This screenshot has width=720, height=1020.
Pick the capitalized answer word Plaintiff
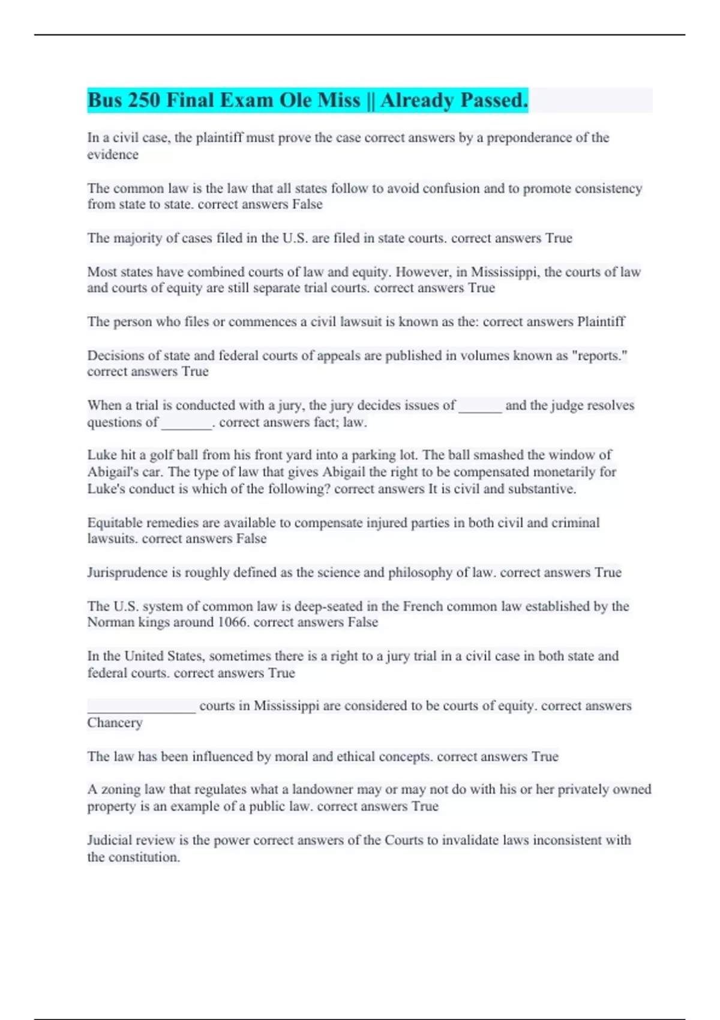pyautogui.click(x=601, y=322)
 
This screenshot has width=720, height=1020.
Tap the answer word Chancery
pyautogui.click(x=115, y=722)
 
